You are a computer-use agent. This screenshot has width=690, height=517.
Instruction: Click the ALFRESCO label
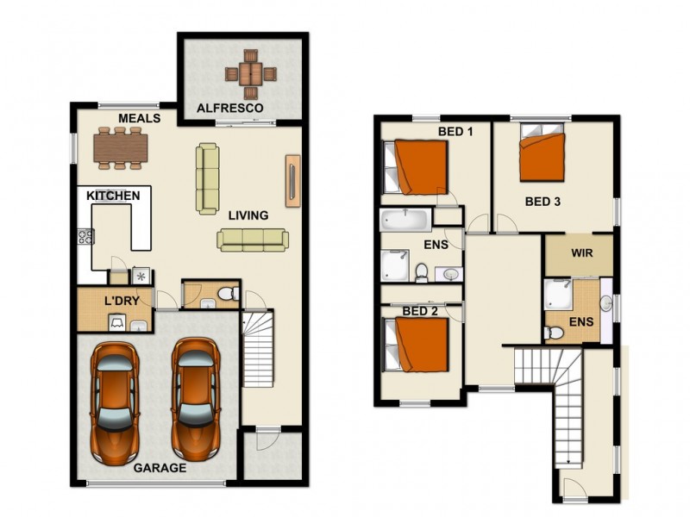(229, 108)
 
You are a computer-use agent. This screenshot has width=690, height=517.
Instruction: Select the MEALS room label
(139, 118)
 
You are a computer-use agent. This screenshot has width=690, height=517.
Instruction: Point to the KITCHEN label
(113, 196)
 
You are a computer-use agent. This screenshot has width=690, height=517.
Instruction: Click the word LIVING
(248, 215)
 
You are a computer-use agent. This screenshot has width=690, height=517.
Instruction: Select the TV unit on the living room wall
(292, 180)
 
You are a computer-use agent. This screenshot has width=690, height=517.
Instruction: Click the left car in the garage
(116, 400)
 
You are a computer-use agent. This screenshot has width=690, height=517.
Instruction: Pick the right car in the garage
(193, 398)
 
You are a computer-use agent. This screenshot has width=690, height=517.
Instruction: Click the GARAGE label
(160, 468)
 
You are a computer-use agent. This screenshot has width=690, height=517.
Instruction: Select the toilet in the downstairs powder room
(227, 296)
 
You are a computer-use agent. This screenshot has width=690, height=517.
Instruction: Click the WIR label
(578, 254)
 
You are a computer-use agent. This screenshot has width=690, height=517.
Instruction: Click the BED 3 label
(543, 202)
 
